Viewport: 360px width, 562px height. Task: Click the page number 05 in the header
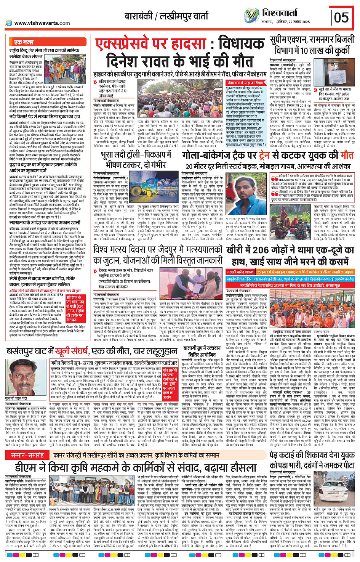pyautogui.click(x=342, y=17)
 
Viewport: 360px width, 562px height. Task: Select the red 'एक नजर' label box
pyautogui.click(x=24, y=42)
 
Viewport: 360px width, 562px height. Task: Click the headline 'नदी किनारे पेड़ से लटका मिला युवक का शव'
pyautogui.click(x=45, y=117)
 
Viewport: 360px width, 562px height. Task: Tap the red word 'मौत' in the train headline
pyautogui.click(x=346, y=155)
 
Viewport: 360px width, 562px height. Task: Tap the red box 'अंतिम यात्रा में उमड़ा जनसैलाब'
pyautogui.click(x=245, y=83)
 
